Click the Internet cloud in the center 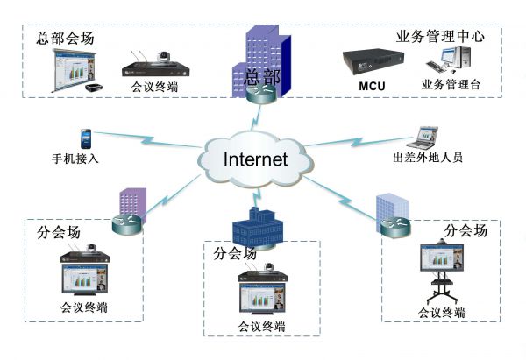tap(255, 159)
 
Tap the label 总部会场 tap(65, 39)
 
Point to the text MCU tap(372, 86)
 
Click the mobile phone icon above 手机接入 tap(85, 138)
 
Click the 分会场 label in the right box tap(466, 230)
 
